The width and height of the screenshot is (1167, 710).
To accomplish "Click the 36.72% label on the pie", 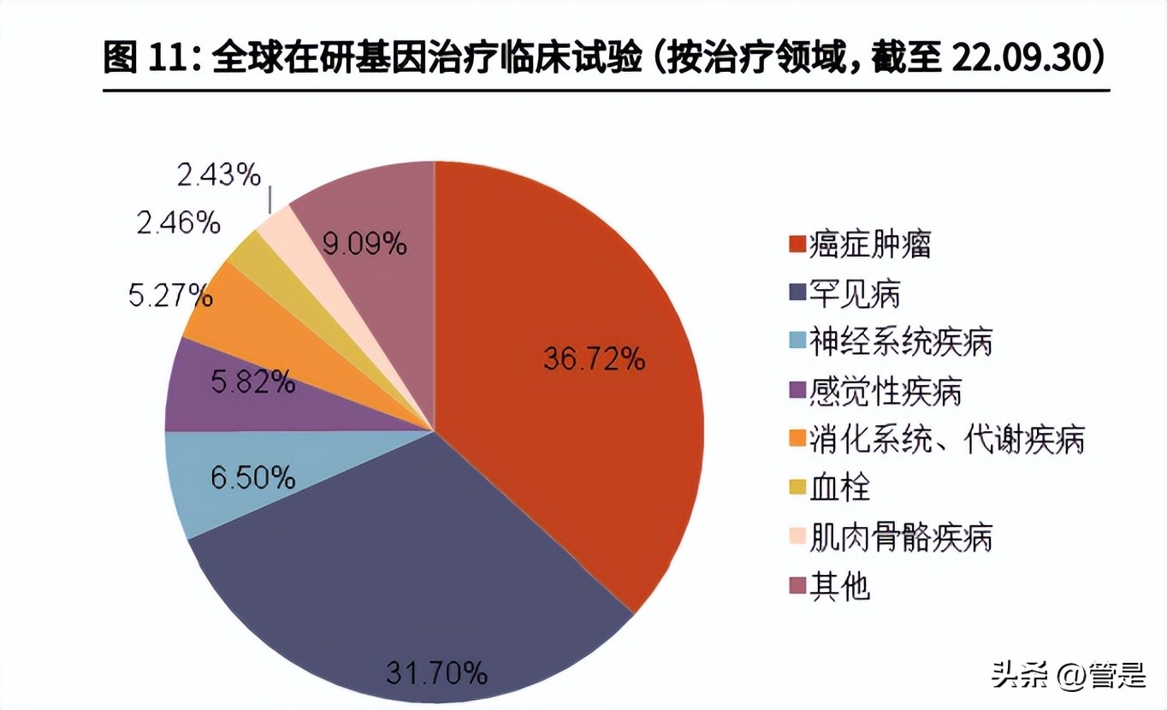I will pos(593,358).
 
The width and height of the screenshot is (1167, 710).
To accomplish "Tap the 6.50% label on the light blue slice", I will pos(252,476).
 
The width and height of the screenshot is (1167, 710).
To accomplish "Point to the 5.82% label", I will pos(252,382).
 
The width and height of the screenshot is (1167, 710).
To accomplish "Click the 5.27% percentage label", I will pos(170,295).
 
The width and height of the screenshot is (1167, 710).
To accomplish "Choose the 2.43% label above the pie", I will pos(218,175).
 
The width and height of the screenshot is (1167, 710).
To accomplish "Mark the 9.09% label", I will pos(364,245).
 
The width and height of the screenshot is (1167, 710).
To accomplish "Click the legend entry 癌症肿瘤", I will pos(858,245).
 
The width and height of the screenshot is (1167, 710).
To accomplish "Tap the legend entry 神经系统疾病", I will pos(889,343).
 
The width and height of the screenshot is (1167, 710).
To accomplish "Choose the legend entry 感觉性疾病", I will pos(874,392).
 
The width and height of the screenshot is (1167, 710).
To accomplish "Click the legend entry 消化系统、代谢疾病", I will pos(935,441).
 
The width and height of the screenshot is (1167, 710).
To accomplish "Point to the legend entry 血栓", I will pos(827,489).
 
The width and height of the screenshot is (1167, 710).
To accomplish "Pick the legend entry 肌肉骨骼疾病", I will pos(889,538).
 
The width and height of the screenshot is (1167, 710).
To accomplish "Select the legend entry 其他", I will pos(827,587).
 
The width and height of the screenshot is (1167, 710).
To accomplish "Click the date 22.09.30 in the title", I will pos(1016,57).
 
